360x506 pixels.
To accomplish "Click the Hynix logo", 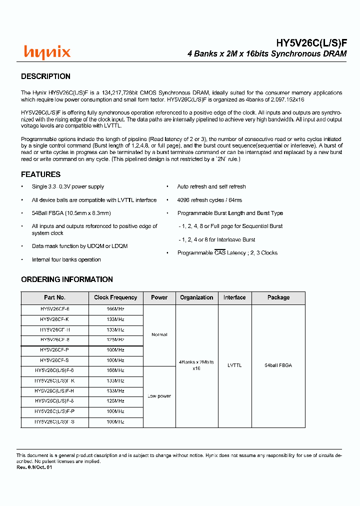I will (x=47, y=51).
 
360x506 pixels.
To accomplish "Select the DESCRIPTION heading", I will (x=45, y=76).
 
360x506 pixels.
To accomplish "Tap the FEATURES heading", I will (x=40, y=174).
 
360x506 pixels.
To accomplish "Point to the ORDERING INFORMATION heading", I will (x=67, y=279).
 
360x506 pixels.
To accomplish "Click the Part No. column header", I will (x=54, y=297).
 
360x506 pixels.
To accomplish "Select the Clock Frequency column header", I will (x=115, y=297).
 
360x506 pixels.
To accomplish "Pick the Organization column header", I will (x=196, y=297).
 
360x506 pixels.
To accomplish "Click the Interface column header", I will (x=234, y=297).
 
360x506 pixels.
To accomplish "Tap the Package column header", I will (x=278, y=297).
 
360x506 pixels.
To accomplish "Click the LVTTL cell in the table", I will (x=234, y=365).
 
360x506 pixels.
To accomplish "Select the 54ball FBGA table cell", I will (x=278, y=365).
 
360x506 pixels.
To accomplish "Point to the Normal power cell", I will (x=159, y=335).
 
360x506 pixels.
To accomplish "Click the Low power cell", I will (x=159, y=396).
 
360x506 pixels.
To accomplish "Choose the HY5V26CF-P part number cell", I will (x=54, y=350).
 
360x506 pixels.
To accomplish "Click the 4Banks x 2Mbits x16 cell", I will (x=196, y=365).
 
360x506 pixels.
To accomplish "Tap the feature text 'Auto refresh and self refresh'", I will (x=211, y=187).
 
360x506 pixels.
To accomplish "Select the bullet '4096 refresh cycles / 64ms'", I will (x=209, y=200).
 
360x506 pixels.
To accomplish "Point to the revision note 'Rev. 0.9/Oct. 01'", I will (x=34, y=467).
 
